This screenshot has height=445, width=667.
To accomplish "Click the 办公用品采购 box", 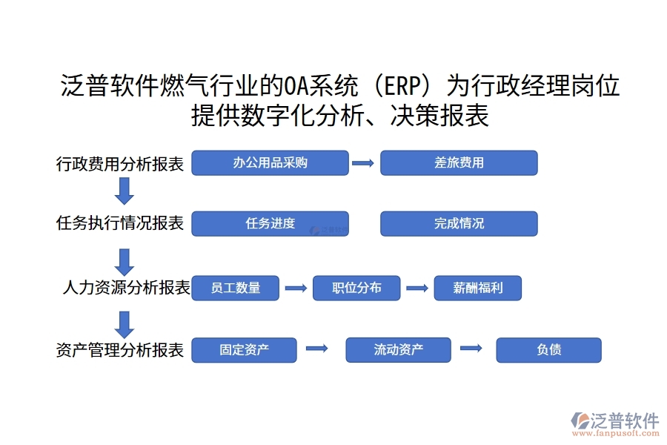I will pyautogui.click(x=270, y=163).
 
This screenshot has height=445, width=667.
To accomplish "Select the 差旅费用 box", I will pyautogui.click(x=459, y=163).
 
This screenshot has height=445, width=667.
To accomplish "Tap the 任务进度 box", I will pyautogui.click(x=270, y=223).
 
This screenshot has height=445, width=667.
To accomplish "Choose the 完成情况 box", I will pyautogui.click(x=459, y=223).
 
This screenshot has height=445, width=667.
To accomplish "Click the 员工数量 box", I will pyautogui.click(x=236, y=288).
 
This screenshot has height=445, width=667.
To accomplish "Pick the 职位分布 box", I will pyautogui.click(x=356, y=288).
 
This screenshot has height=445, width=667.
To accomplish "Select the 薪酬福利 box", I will pyautogui.click(x=477, y=288).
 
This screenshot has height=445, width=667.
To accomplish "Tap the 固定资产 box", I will pyautogui.click(x=244, y=350).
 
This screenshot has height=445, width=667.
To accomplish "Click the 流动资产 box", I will pyautogui.click(x=398, y=350).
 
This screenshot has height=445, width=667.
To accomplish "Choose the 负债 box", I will pyautogui.click(x=548, y=350).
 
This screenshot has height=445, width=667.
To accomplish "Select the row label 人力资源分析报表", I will pyautogui.click(x=126, y=288).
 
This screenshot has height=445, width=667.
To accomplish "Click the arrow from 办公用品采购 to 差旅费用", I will pyautogui.click(x=363, y=163).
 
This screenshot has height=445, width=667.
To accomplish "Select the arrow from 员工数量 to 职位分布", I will pyautogui.click(x=296, y=288).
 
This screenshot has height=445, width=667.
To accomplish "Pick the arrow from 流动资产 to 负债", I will pyautogui.click(x=471, y=348).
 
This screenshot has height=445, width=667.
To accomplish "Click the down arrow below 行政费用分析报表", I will pyautogui.click(x=125, y=191).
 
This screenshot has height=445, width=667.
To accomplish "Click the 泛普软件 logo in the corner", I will pyautogui.click(x=614, y=423).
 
